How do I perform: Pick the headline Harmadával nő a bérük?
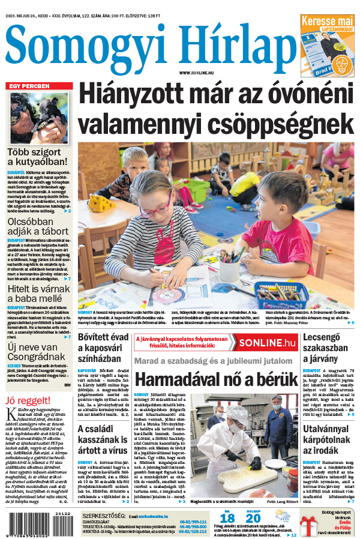[215, 379]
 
